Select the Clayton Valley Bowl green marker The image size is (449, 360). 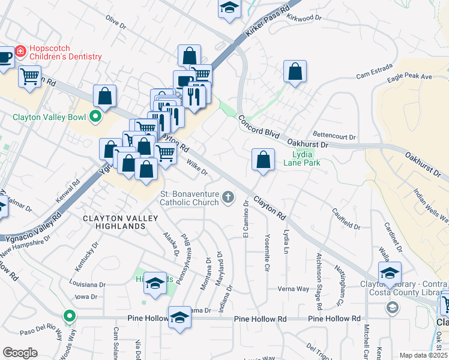tap(95, 116)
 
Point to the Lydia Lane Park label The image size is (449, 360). tap(302, 158)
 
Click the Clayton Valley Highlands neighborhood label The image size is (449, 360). tap(114, 222)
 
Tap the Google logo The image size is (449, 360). tap(20, 353)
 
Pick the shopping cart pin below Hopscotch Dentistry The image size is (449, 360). tap(29, 76)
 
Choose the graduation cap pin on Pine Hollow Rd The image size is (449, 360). tap(179, 317)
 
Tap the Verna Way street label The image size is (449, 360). tap(293, 289)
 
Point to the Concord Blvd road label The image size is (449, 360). tap(259, 128)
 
